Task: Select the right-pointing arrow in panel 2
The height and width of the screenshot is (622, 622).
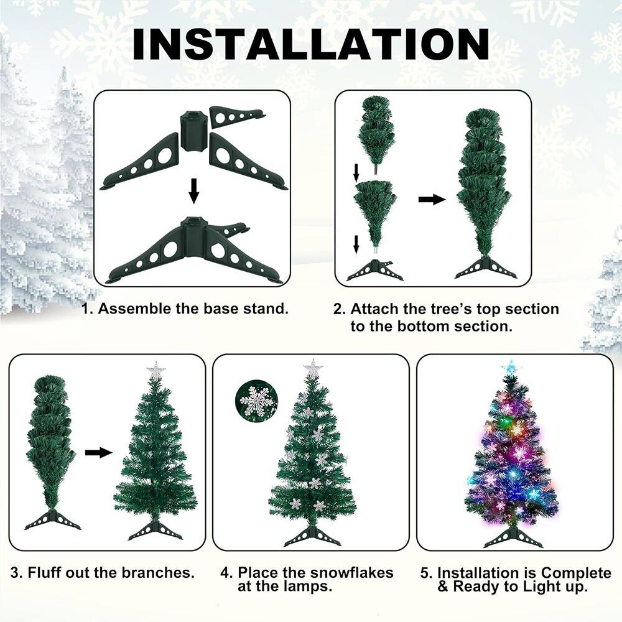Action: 432,200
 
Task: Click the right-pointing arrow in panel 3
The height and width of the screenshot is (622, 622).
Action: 98,452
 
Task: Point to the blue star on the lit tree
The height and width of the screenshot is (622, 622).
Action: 511,367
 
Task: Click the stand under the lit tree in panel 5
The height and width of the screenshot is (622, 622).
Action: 513,537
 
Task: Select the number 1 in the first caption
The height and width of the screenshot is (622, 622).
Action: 88,309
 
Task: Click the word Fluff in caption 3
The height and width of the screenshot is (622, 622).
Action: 47,572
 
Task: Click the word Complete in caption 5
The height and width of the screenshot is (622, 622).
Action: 577,572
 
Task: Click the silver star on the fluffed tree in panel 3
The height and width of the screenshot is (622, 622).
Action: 155,371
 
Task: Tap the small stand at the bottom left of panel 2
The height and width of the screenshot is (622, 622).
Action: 374,270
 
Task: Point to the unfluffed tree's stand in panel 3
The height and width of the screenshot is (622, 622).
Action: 52,519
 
